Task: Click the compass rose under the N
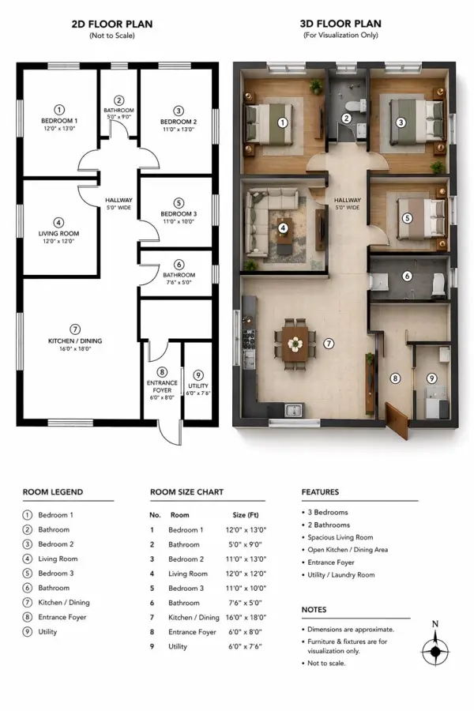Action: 435,651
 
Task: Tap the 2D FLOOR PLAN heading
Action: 112,24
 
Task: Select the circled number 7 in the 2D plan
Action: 75,329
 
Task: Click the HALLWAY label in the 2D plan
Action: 118,200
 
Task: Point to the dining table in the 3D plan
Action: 295,344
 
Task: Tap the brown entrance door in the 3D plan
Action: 397,420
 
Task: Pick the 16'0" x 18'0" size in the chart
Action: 246,617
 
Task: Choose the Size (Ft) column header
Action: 246,514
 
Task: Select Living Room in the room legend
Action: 58,559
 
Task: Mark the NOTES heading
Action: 314,609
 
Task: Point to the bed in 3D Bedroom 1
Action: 269,124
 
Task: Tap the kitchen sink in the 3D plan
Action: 293,410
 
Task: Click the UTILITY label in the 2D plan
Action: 198,386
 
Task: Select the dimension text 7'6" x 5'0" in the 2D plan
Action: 179,282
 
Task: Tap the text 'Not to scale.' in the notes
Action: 326,663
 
